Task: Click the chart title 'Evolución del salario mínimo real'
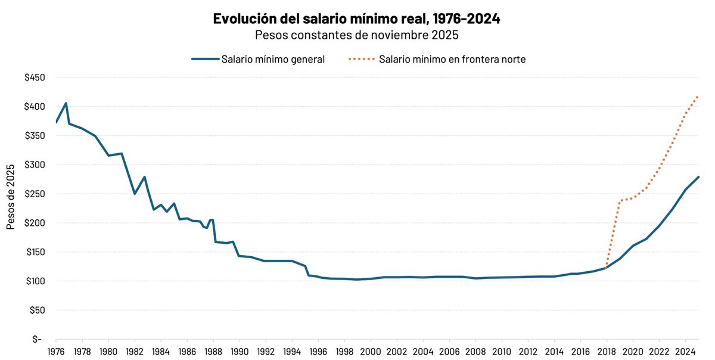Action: [x=356, y=18]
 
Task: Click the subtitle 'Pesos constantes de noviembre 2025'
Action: [x=356, y=35]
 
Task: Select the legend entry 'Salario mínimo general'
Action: [x=273, y=59]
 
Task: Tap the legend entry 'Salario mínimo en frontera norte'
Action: [x=452, y=59]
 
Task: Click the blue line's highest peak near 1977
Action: [x=66, y=103]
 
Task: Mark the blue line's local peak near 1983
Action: [x=145, y=176]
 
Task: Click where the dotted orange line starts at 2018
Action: [x=607, y=268]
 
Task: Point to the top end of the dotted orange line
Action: [x=698, y=96]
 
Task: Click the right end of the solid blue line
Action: [x=698, y=177]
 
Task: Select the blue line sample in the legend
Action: [x=204, y=59]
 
